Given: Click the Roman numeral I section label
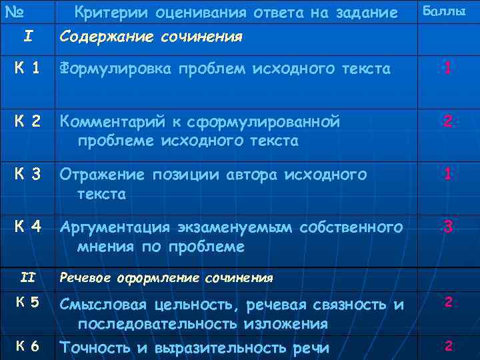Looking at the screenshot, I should (x=27, y=35).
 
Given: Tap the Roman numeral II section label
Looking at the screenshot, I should (x=27, y=275).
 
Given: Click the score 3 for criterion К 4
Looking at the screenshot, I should (x=448, y=227).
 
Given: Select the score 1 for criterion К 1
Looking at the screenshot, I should (x=448, y=67).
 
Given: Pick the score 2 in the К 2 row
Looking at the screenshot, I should (x=448, y=121).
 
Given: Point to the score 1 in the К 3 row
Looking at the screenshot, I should (x=448, y=173).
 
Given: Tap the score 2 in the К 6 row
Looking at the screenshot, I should (x=449, y=345).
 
